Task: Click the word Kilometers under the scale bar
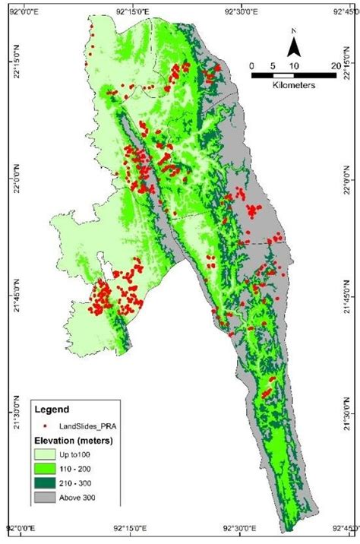point(292,85)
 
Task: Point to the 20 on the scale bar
point(335,66)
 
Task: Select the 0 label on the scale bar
point(251,66)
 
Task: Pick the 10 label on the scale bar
point(293,66)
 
